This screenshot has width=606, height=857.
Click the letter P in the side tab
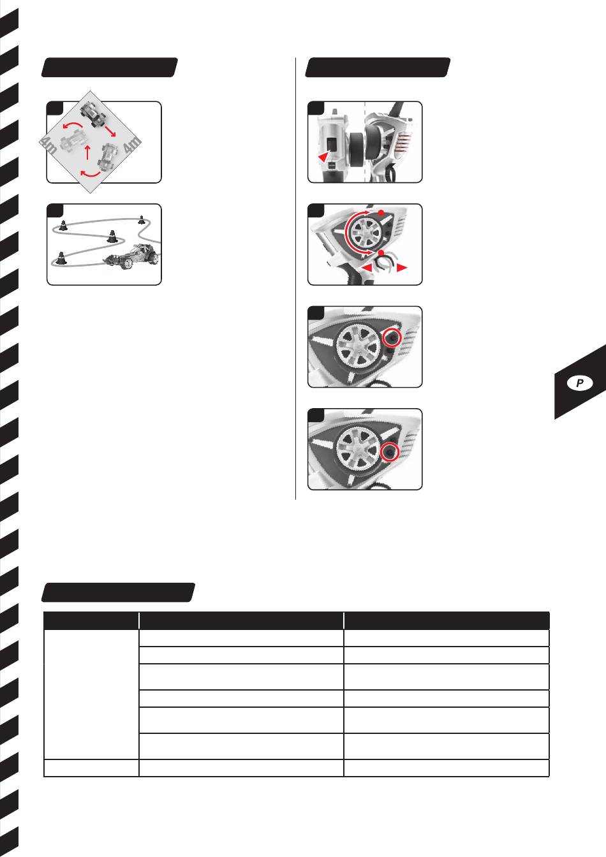[580, 383]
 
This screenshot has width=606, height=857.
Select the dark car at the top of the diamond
[92, 114]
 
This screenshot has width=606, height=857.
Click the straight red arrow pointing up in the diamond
[87, 152]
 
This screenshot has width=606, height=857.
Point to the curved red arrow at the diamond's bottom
[91, 175]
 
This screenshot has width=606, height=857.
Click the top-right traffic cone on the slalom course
[142, 219]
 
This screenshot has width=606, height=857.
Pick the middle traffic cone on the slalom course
[112, 236]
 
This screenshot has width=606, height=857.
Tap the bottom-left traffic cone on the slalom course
[60, 258]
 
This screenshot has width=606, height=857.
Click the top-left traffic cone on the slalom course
[63, 225]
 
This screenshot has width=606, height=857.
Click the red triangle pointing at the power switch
[324, 156]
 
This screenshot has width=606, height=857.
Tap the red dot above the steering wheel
[381, 212]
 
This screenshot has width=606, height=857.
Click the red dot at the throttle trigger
[381, 253]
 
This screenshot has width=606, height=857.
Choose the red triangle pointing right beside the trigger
[402, 268]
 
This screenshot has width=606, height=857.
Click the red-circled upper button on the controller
[392, 338]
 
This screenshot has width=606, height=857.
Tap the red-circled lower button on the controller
[390, 452]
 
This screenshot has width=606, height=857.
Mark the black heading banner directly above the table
[118, 592]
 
